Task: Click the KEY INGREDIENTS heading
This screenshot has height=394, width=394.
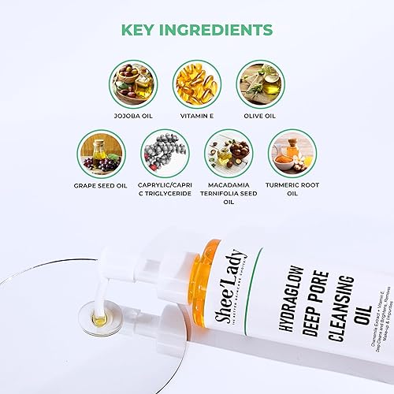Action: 196,31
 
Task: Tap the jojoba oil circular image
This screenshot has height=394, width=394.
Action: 133,84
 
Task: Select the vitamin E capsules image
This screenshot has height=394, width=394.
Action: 196,84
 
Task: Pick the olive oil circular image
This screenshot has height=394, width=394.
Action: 260,84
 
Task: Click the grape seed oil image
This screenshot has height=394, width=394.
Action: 102,153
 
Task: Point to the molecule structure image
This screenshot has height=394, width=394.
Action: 164,153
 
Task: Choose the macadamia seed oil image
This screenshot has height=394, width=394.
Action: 229,153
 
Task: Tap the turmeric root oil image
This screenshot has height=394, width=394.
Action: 292,153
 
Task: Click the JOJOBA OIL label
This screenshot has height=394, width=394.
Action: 133,117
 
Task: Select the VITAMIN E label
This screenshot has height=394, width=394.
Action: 196,117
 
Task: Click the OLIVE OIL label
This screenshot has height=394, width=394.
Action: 260,117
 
